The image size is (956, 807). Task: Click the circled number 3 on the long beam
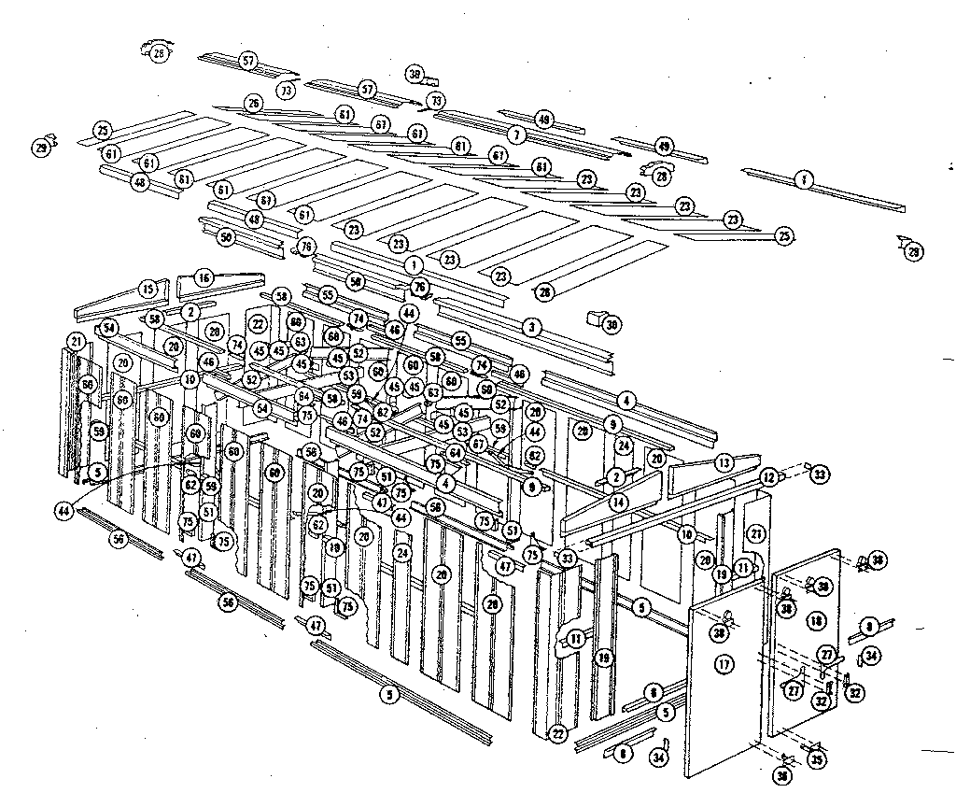pos(531,327)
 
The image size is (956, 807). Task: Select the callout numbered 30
pos(612,325)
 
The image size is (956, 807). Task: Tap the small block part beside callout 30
pos(592,319)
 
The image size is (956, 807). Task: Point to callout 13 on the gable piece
pos(724,462)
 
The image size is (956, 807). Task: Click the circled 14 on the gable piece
pos(618,502)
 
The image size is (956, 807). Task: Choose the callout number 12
pos(768,476)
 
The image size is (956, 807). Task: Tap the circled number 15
pos(147,289)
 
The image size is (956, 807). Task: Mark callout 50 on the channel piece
pos(225,238)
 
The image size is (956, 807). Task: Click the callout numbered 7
pos(513,135)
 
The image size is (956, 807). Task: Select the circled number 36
pos(780,774)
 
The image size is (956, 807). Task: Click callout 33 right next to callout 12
pos(820,474)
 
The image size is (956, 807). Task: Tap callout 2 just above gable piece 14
pos(615,476)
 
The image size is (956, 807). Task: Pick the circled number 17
pos(722,665)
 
